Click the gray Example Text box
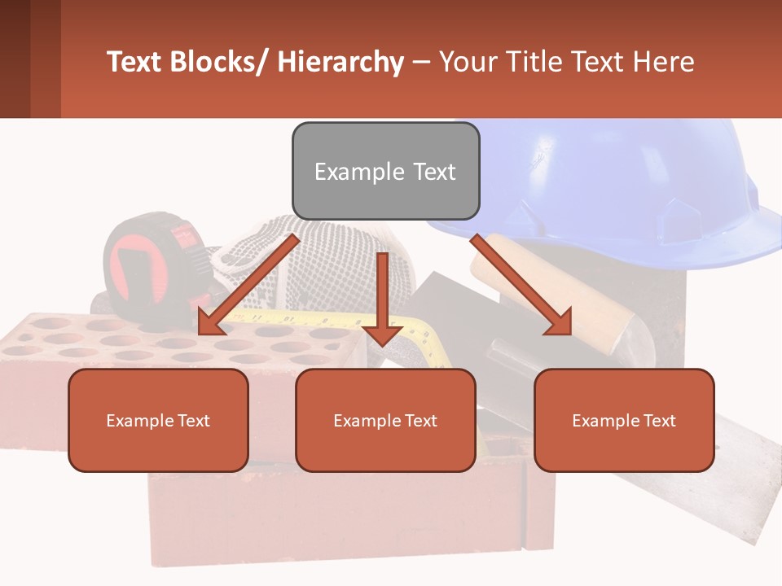pyautogui.click(x=385, y=171)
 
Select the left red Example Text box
pyautogui.click(x=158, y=420)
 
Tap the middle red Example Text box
pyautogui.click(x=385, y=420)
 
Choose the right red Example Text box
pyautogui.click(x=624, y=420)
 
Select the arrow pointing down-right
pyautogui.click(x=521, y=285)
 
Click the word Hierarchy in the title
pyautogui.click(x=340, y=62)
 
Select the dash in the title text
pyautogui.click(x=421, y=62)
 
